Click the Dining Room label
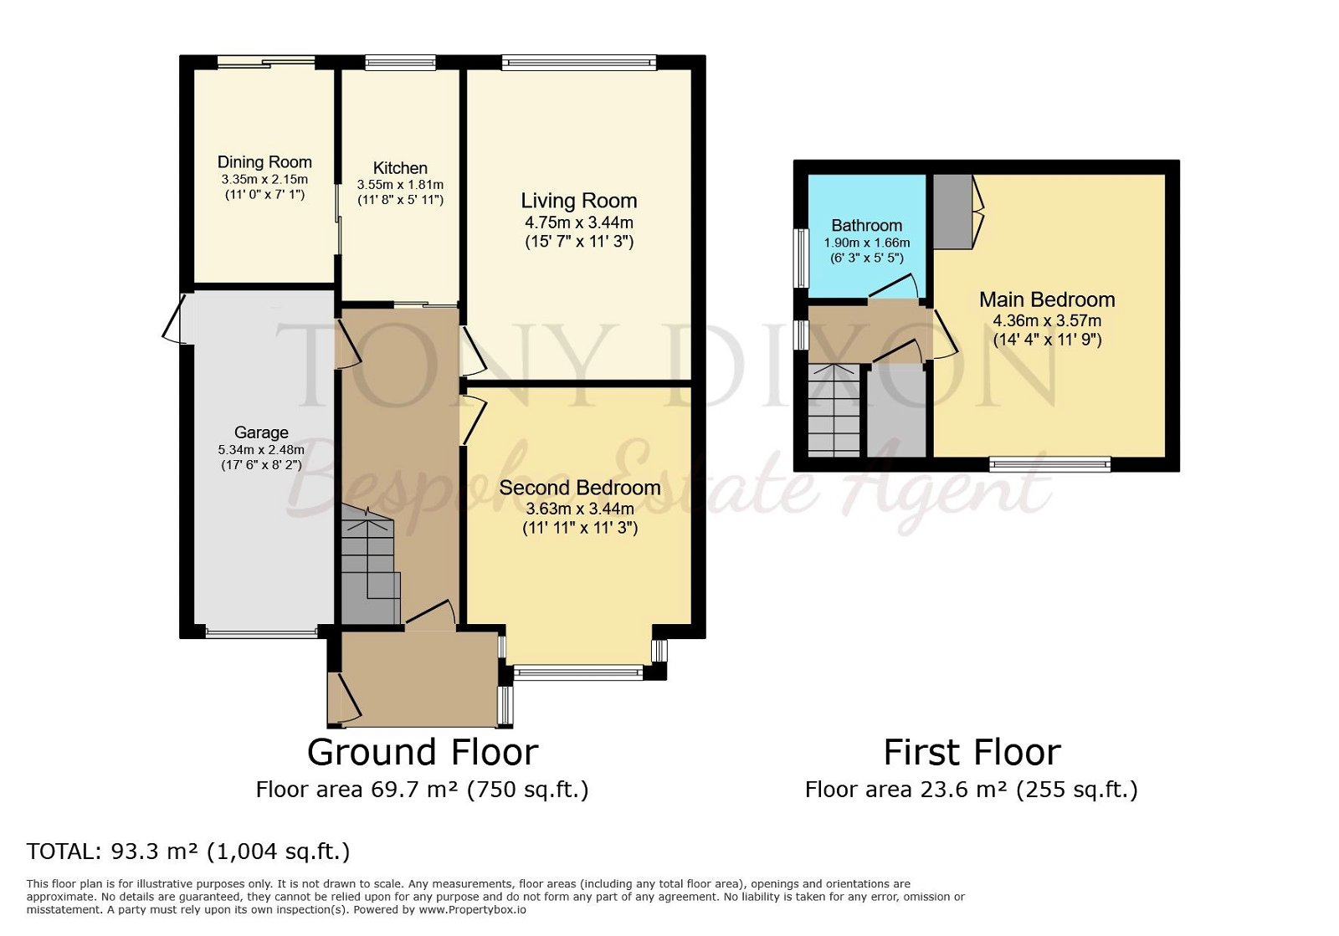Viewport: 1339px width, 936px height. (x=264, y=162)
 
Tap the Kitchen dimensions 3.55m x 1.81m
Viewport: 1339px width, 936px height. (x=400, y=185)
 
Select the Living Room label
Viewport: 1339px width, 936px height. (x=578, y=201)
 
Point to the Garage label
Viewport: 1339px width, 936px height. (x=261, y=432)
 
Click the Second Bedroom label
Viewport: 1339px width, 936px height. (x=579, y=488)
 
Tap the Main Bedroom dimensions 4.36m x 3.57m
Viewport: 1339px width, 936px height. (x=1047, y=320)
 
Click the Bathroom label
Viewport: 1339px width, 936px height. (x=866, y=226)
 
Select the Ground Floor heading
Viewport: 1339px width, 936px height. (x=422, y=752)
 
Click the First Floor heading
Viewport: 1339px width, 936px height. (x=972, y=752)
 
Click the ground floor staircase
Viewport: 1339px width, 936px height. (x=368, y=569)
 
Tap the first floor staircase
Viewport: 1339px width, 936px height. (x=834, y=410)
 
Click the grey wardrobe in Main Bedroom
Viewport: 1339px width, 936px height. (x=952, y=211)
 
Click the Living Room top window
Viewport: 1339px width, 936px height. (x=578, y=61)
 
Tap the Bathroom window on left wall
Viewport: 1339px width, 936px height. (x=801, y=258)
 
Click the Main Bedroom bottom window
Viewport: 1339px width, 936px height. (x=1049, y=464)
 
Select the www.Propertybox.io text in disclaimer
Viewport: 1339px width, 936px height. (x=472, y=909)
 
